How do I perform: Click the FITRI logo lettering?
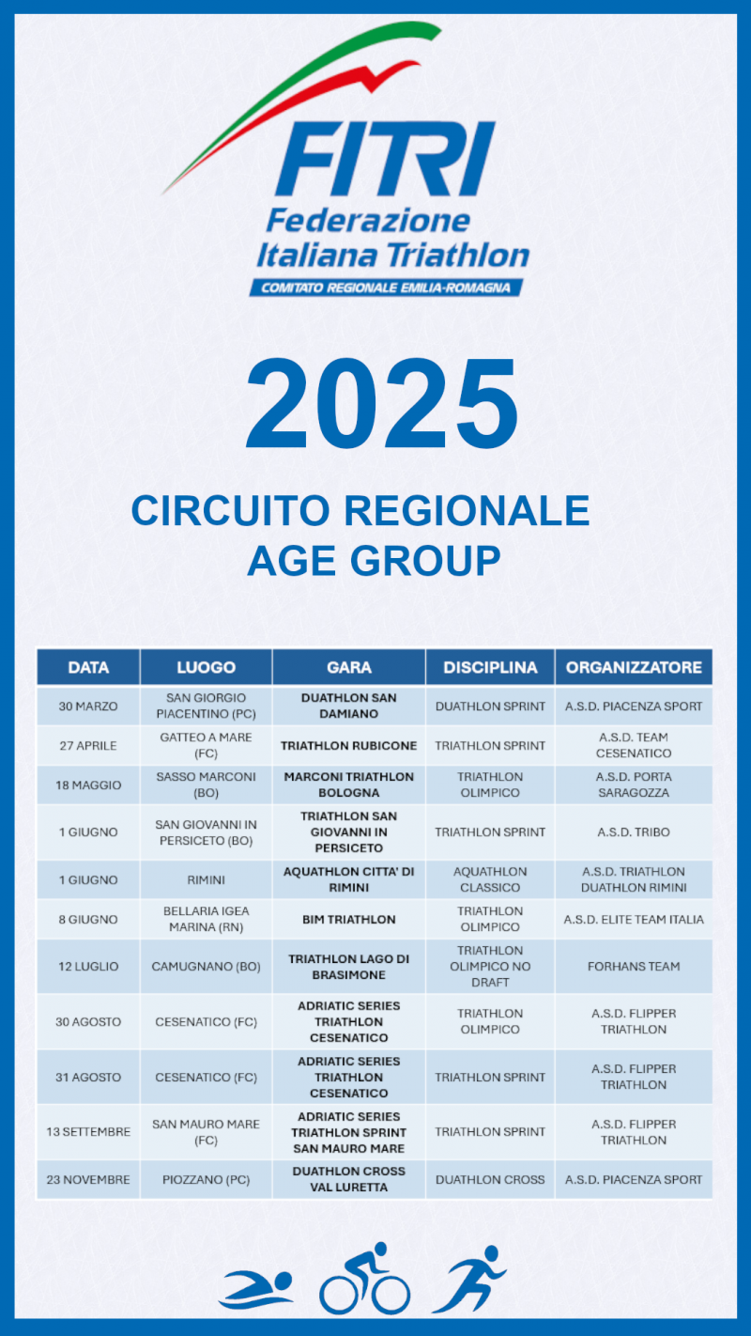(x=385, y=159)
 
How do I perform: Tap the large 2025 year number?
(x=381, y=403)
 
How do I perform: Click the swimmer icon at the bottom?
(x=256, y=1289)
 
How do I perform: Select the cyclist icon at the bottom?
(x=365, y=1278)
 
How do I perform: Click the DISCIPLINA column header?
(x=490, y=667)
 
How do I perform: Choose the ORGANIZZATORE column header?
(x=634, y=667)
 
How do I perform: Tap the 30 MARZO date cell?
(x=88, y=707)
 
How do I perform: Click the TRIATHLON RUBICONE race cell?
(x=348, y=746)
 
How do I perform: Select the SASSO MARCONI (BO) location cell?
(x=207, y=785)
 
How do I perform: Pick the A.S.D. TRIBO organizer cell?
(x=634, y=832)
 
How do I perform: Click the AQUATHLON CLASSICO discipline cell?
(x=490, y=879)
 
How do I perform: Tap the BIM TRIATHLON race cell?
(x=348, y=920)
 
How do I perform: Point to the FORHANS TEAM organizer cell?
(x=634, y=966)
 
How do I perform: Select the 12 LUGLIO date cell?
(x=88, y=966)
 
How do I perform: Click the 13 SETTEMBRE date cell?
(x=88, y=1131)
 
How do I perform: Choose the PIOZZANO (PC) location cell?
(x=207, y=1180)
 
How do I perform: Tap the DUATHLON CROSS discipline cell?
(x=490, y=1180)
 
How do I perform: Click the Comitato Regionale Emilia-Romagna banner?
(x=386, y=287)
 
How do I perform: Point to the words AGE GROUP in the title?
(x=374, y=561)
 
